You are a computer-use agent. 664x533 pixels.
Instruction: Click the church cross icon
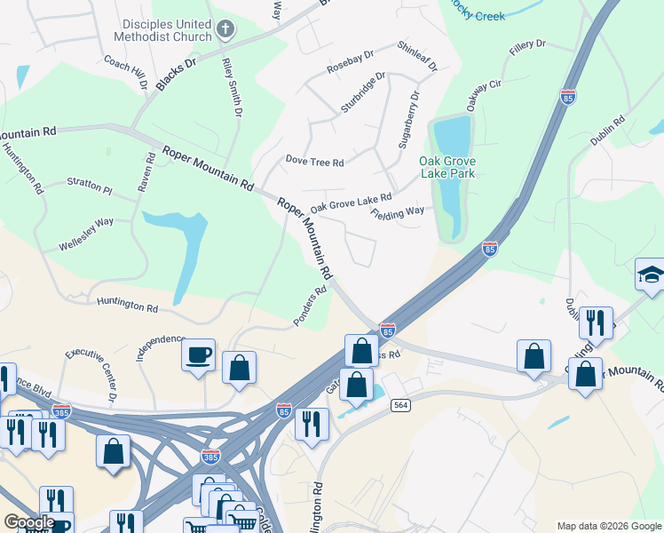pyautogui.click(x=225, y=30)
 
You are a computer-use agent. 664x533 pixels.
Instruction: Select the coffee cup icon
pyautogui.click(x=198, y=354)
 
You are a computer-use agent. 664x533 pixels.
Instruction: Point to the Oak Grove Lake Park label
pyautogui.click(x=447, y=167)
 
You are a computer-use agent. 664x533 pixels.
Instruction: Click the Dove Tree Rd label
pyautogui.click(x=314, y=161)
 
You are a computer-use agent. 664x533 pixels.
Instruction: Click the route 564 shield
pyautogui.click(x=400, y=405)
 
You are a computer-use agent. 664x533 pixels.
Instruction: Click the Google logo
pyautogui.click(x=28, y=522)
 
